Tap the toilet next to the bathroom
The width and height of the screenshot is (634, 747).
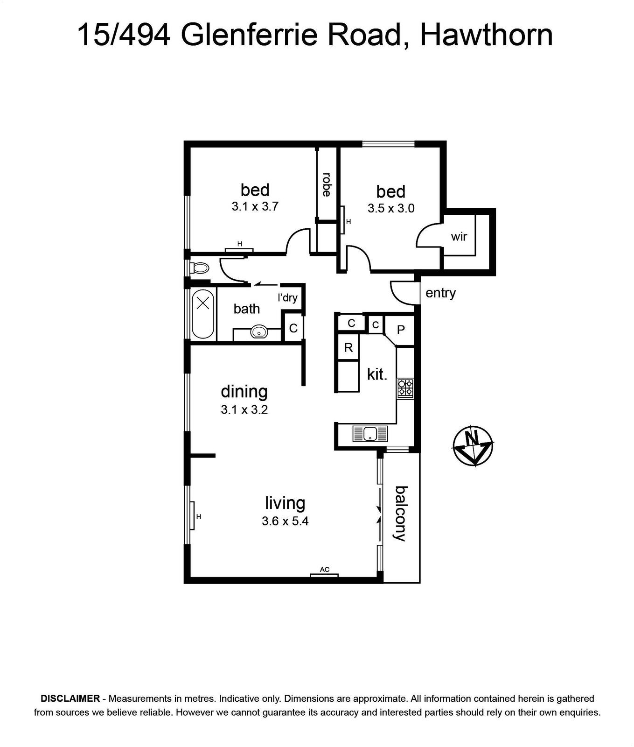[x=200, y=268]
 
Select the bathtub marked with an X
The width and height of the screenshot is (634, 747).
[x=203, y=314]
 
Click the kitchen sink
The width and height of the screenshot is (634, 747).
[x=370, y=434]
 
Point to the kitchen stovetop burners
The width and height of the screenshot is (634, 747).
[x=405, y=388]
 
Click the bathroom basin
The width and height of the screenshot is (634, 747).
[x=258, y=332]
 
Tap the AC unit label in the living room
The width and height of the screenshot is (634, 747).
[x=325, y=570]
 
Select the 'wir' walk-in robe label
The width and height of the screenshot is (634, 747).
[x=459, y=237]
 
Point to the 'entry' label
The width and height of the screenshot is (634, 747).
[x=440, y=293]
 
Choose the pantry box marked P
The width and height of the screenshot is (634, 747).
[x=400, y=330]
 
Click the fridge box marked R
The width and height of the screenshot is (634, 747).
[x=348, y=347]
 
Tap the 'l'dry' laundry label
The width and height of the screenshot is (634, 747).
[x=287, y=297]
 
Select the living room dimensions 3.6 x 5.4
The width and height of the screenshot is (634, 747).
[x=285, y=521]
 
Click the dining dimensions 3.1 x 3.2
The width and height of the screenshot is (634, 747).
[x=244, y=410]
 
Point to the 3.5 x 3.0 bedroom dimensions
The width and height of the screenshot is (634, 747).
[x=391, y=208]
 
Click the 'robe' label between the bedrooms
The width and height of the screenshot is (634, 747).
[x=327, y=184]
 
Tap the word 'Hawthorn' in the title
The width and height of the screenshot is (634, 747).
[x=487, y=35]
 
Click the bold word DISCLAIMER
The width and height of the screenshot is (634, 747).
[x=70, y=699]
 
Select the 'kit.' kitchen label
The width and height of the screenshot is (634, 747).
[x=377, y=374]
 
